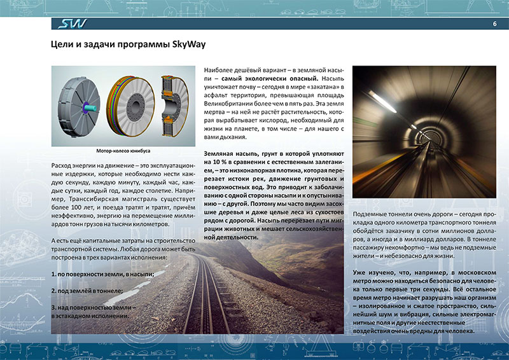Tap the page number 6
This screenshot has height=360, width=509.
click(x=494, y=24)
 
